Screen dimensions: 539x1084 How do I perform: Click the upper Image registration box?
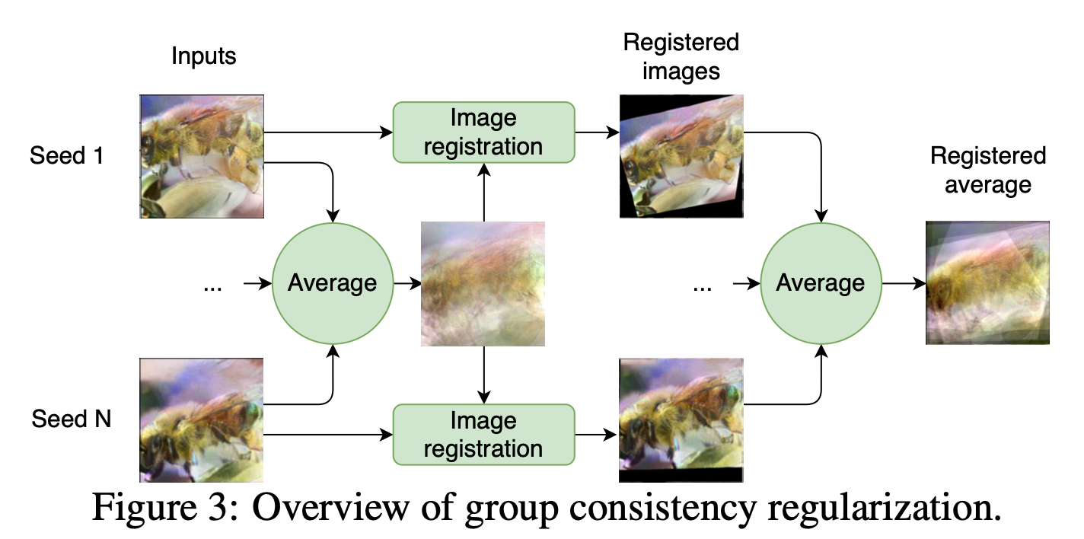click(483, 132)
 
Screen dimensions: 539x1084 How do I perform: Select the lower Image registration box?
click(483, 434)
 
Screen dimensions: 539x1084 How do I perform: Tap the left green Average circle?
click(332, 283)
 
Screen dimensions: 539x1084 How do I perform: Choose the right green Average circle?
click(820, 283)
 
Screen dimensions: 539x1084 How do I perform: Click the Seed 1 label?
click(68, 155)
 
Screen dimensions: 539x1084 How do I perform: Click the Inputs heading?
click(203, 56)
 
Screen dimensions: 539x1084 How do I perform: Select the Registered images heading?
click(681, 56)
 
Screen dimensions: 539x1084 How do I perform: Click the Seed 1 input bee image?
click(202, 156)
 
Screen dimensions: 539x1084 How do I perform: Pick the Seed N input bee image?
click(202, 421)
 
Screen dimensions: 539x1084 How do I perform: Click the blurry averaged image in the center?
click(483, 283)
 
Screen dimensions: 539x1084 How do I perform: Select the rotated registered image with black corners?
click(681, 156)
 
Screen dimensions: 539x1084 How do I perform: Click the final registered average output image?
click(987, 282)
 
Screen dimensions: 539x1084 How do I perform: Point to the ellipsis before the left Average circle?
click(212, 287)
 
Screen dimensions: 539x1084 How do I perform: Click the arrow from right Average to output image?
click(904, 283)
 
